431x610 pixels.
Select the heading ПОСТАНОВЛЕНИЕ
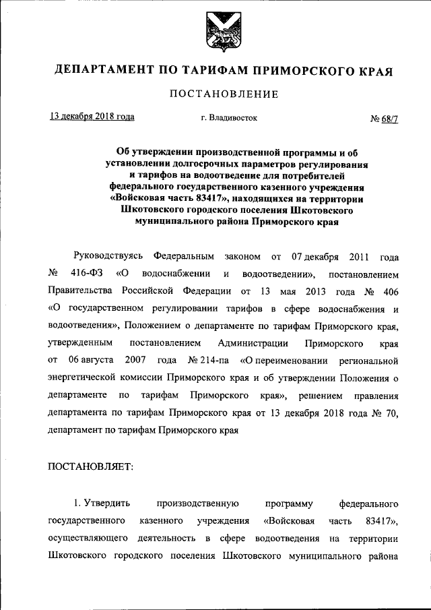click(x=215, y=94)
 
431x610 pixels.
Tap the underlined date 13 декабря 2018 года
click(x=92, y=117)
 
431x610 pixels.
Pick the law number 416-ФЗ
click(x=85, y=274)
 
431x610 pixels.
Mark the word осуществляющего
click(x=87, y=539)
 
